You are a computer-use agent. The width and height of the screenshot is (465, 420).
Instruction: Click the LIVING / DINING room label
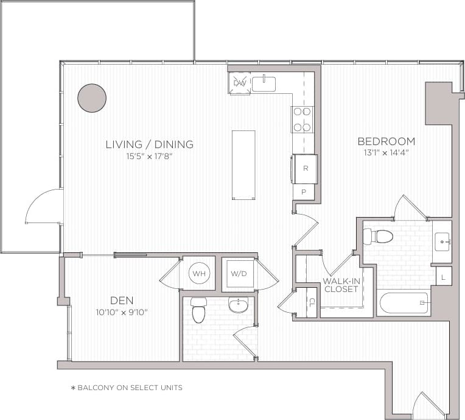click(149, 144)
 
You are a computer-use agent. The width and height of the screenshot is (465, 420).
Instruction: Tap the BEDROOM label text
click(386, 141)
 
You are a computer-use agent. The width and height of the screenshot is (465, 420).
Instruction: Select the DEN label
click(122, 300)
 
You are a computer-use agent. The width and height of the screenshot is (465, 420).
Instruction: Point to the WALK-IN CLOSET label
click(341, 285)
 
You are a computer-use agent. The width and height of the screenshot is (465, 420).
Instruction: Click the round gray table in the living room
click(92, 98)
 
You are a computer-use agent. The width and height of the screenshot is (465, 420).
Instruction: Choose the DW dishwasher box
click(239, 84)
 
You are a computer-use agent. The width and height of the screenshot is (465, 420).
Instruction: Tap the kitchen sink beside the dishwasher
click(264, 84)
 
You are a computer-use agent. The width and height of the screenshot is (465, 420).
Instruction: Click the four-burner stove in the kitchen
click(302, 119)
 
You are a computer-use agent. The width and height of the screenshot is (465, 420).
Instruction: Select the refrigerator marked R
click(304, 168)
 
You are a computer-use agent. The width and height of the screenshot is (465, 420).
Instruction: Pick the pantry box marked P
click(304, 192)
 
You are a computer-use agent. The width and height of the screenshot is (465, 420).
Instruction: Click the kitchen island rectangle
click(243, 165)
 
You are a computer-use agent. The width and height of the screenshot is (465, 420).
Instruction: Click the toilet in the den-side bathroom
click(199, 310)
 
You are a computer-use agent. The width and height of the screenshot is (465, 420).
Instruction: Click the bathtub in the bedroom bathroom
click(403, 302)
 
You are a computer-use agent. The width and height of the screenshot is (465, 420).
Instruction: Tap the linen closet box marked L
click(444, 276)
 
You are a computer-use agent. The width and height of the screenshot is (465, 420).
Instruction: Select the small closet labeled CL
click(311, 302)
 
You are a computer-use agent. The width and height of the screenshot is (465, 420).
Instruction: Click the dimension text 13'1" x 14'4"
click(386, 153)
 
